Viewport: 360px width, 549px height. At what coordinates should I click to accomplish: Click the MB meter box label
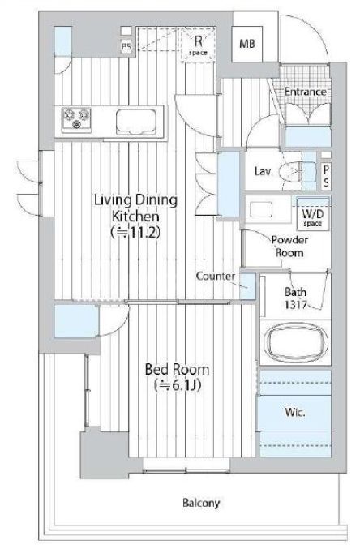[246, 44]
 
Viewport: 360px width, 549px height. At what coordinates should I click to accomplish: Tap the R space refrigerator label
[198, 45]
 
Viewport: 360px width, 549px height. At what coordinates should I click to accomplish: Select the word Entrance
[306, 92]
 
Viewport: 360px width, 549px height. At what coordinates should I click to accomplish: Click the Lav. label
[263, 171]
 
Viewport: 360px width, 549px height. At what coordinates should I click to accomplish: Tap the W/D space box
[313, 214]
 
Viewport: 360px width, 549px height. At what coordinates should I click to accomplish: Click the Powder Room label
[289, 247]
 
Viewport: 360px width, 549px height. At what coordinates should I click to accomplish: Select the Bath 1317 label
[296, 298]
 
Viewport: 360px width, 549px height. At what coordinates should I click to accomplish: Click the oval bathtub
[296, 341]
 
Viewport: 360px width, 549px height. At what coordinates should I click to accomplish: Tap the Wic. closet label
[295, 412]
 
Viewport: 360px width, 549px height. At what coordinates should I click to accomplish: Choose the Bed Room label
[178, 370]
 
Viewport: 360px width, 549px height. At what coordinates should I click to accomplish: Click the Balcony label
[201, 503]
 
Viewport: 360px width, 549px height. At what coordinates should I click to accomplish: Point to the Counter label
[216, 276]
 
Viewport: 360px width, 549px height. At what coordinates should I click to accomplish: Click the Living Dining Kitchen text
[136, 208]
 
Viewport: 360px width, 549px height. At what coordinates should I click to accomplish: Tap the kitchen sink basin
[136, 122]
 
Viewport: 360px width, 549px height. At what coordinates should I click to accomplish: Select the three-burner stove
[76, 118]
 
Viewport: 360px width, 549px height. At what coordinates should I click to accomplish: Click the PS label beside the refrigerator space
[126, 46]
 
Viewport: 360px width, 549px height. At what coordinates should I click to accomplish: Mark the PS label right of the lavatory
[326, 176]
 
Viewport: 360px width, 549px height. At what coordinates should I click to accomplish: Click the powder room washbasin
[261, 210]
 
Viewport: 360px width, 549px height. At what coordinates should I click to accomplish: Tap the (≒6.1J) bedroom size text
[178, 385]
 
